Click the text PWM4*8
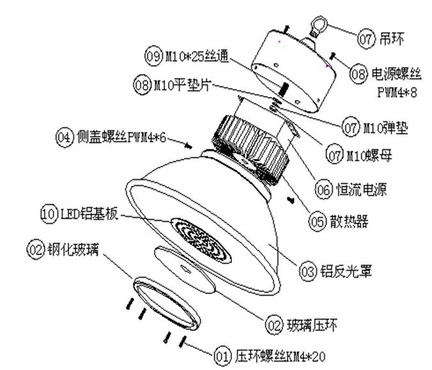400,93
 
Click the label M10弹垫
385,129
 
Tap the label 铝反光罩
346,273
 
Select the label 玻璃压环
311,326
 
